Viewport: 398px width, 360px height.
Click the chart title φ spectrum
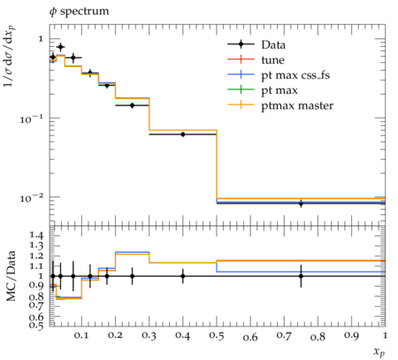[x=79, y=11]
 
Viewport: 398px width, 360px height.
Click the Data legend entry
[x=256, y=45]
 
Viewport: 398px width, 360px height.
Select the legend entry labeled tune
[x=256, y=60]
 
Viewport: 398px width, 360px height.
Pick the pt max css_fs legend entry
[x=279, y=75]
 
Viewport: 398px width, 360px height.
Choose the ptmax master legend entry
[x=280, y=105]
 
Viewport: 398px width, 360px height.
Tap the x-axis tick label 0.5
[x=217, y=336]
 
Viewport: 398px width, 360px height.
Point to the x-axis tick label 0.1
[x=81, y=336]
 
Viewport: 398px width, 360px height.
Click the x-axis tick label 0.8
[x=318, y=336]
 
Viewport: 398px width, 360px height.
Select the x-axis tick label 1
[x=385, y=335]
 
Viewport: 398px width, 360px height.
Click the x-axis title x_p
[x=379, y=352]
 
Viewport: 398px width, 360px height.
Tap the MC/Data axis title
[x=11, y=276]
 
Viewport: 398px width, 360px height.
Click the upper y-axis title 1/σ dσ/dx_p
[x=10, y=57]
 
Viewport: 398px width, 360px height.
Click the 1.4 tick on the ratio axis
[x=36, y=235]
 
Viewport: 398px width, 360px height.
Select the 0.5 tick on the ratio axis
[x=36, y=325]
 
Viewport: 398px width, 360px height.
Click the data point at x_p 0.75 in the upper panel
[x=301, y=203]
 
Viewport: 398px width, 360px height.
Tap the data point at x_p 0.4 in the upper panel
[x=183, y=134]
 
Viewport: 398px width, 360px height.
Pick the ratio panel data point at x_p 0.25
[x=132, y=276]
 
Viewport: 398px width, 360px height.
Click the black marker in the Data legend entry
[x=241, y=44]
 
